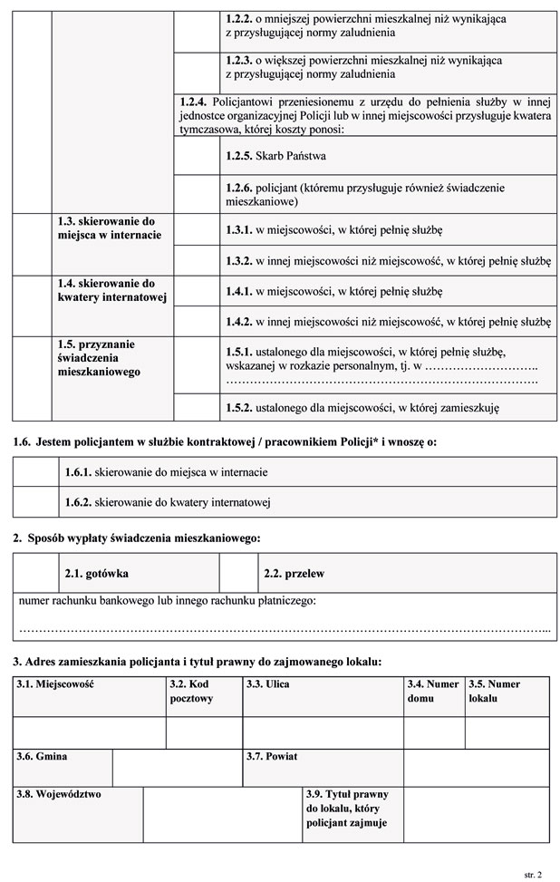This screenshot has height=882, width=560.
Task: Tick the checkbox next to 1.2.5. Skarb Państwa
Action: point(196,156)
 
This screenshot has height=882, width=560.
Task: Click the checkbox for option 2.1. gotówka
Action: point(37,574)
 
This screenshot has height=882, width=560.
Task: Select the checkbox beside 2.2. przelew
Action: point(237,574)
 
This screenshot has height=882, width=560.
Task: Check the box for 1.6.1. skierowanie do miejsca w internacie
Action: point(36,472)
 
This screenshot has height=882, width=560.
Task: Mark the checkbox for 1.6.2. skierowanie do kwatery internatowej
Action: point(36,501)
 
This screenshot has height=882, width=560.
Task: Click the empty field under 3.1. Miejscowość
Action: point(90,732)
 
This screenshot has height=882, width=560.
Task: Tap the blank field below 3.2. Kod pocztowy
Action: point(204,732)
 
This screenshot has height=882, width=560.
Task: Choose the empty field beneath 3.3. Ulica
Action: point(323,732)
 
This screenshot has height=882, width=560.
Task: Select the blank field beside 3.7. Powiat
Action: point(476,768)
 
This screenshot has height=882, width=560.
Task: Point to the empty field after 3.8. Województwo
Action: point(222,814)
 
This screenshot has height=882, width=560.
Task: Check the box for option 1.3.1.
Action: point(196,230)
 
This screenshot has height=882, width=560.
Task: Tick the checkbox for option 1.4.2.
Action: point(196,321)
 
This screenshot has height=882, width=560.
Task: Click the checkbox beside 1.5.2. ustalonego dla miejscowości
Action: point(196,408)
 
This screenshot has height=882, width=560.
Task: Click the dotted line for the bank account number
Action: point(285,628)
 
